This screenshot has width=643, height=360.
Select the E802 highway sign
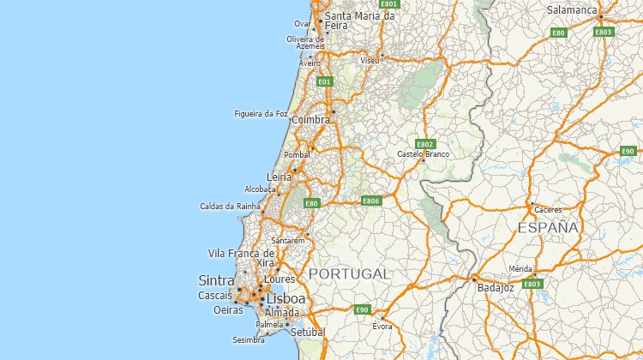424,144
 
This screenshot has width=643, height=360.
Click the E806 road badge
370,201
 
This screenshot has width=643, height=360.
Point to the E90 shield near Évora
362,309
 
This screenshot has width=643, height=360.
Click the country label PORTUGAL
349,273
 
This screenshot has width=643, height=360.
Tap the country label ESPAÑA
549,228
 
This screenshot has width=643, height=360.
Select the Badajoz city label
495,289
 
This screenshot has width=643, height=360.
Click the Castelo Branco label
423,154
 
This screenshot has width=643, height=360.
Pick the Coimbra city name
310,120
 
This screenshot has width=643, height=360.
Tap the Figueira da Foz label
261,113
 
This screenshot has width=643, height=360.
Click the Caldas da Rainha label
229,206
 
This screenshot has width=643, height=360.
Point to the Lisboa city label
285,298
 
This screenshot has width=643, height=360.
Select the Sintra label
216,280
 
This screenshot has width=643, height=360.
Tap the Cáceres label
548,209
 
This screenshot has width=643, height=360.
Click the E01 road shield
324,81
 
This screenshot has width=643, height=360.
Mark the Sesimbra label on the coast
249,339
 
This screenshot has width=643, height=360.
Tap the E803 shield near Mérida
532,284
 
